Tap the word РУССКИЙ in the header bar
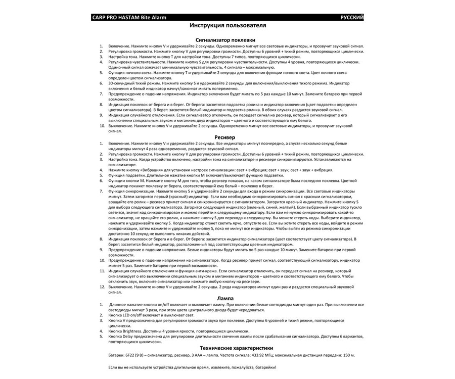[351, 17]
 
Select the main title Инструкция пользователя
[227, 25]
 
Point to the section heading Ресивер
[225, 137]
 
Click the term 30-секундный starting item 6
[122, 83]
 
